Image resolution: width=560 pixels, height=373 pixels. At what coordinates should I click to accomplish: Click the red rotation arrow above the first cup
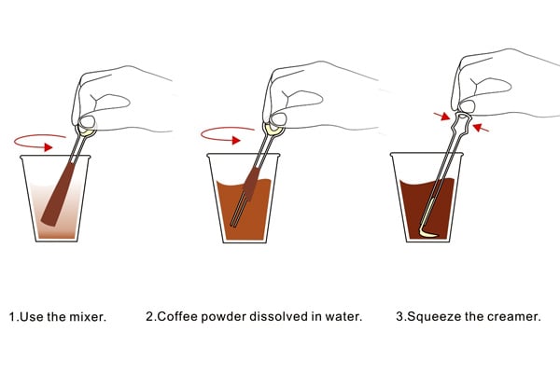coord(40,142)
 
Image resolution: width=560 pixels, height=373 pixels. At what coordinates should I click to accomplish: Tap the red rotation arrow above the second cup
coord(227,135)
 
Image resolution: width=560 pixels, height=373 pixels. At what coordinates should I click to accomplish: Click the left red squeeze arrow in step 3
coord(441,116)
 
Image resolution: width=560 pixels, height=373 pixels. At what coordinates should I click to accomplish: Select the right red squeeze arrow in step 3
coord(481,128)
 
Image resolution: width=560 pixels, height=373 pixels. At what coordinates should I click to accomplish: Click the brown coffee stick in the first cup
coord(58,194)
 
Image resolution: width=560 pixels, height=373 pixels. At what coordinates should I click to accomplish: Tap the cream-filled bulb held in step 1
coord(86,131)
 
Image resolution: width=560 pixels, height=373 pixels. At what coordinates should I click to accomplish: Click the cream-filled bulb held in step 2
coord(273,130)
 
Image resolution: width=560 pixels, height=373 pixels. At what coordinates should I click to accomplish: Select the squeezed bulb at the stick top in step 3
coord(463,118)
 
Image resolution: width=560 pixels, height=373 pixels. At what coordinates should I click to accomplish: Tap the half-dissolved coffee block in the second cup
coord(251,183)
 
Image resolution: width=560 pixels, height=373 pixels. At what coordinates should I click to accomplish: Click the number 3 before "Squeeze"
coord(399,317)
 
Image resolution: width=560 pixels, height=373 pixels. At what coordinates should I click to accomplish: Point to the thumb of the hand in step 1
coord(87,120)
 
